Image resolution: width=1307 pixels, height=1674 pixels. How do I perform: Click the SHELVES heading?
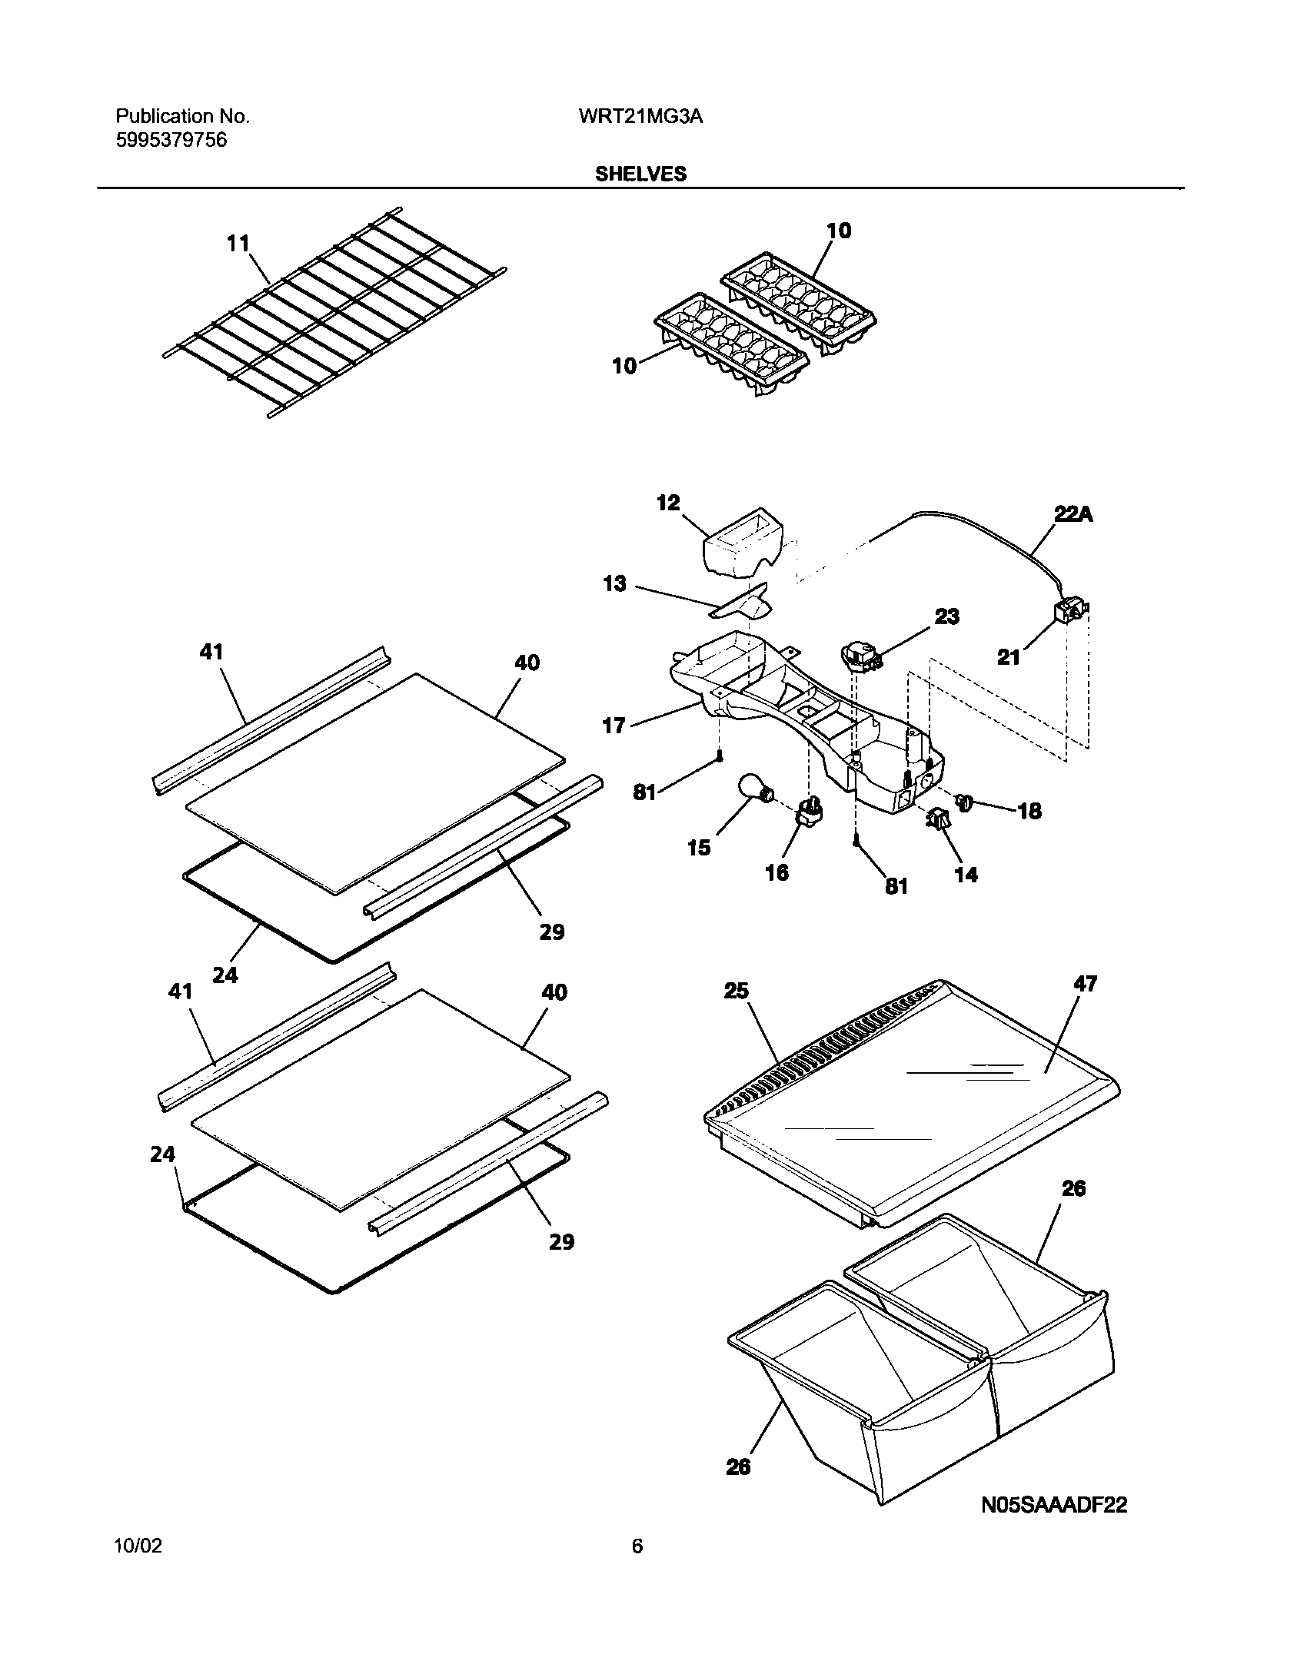640,174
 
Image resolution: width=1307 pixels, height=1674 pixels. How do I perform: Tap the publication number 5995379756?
171,141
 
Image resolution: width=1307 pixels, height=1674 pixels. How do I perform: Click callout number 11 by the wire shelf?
238,244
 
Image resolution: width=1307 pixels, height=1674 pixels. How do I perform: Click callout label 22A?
1073,514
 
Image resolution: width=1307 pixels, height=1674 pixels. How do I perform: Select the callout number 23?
946,616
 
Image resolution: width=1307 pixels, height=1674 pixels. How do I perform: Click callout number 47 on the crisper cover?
1086,983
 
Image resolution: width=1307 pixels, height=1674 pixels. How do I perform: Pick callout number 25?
736,991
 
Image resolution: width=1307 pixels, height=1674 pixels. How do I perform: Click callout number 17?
614,725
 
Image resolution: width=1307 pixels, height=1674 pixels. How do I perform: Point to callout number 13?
614,584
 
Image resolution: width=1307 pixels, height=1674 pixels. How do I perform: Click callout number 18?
1029,811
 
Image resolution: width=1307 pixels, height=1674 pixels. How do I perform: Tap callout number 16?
777,872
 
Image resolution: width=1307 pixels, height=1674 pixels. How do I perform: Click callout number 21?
1009,657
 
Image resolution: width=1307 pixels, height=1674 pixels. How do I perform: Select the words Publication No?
182,117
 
